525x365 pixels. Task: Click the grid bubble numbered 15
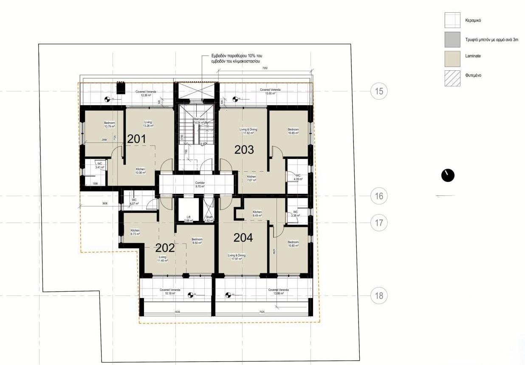pyautogui.click(x=379, y=91)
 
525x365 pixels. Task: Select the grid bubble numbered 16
pyautogui.click(x=379, y=196)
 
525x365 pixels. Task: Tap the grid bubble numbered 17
pyautogui.click(x=379, y=223)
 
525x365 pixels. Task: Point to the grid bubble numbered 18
pyautogui.click(x=379, y=295)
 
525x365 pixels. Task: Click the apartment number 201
pyautogui.click(x=137, y=139)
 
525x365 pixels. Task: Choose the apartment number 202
pyautogui.click(x=165, y=248)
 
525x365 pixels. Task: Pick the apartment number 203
pyautogui.click(x=244, y=149)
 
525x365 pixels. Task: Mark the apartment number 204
pyautogui.click(x=243, y=238)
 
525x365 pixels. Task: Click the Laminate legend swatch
pyautogui.click(x=452, y=59)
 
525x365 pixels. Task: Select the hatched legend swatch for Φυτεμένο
pyautogui.click(x=452, y=78)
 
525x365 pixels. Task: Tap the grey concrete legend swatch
pyautogui.click(x=452, y=39)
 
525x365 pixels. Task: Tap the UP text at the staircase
pyautogui.click(x=203, y=144)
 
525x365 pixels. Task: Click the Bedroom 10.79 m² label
pyautogui.click(x=110, y=125)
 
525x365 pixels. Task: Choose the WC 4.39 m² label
pyautogui.click(x=298, y=177)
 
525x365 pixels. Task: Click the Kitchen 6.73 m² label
pyautogui.click(x=135, y=232)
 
